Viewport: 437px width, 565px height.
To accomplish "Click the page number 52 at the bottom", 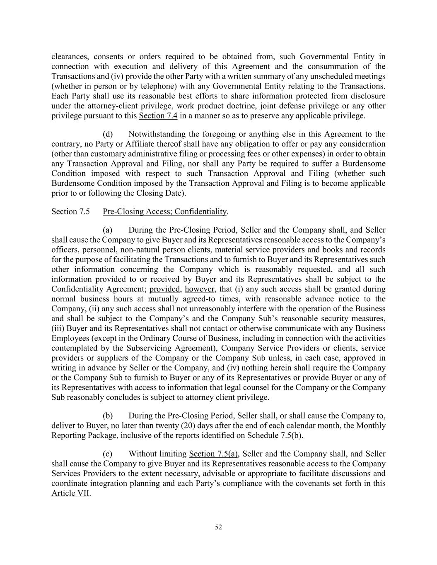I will (x=218, y=527).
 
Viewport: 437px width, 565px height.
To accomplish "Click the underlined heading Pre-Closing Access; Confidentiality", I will (x=164, y=212).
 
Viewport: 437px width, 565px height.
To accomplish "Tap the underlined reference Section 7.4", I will (x=158, y=115).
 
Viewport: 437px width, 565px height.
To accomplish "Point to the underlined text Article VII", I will (x=70, y=493).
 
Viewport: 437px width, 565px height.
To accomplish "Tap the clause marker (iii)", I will (x=58, y=328).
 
